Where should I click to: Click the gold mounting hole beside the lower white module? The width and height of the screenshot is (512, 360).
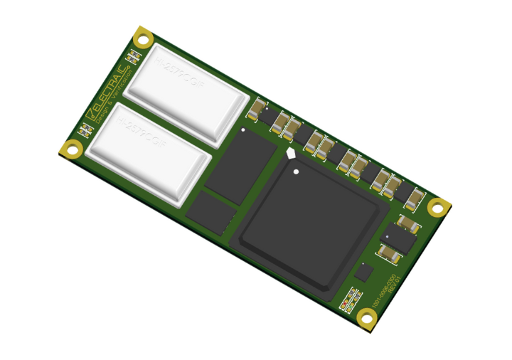pos(71,149)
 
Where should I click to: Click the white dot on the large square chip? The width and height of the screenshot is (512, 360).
pos(296,171)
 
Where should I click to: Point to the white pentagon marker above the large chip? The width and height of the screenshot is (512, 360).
pos(290,152)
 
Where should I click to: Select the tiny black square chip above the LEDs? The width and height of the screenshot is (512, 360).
pos(364,272)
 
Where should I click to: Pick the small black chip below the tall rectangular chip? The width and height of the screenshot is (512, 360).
pos(210,212)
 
